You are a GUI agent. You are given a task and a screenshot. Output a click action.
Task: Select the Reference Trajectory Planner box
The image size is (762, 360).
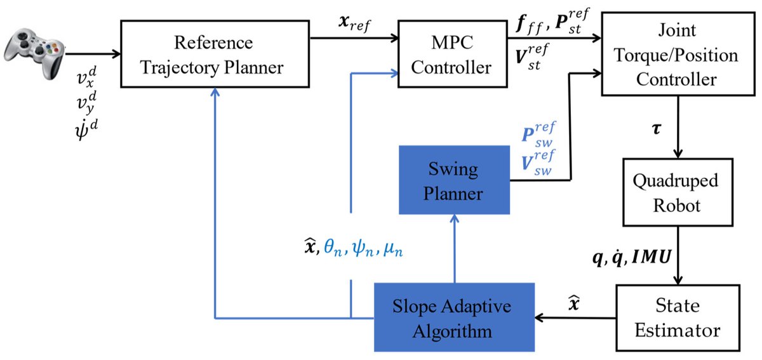point(214,56)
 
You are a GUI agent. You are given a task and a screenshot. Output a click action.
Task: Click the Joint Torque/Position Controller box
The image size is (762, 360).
point(678,56)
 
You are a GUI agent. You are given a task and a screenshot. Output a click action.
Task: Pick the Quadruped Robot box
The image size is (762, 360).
point(679,192)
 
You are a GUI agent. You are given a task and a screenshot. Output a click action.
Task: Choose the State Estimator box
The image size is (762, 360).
point(678,319)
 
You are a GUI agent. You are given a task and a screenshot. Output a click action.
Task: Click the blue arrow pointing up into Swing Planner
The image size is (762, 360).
point(454,248)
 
